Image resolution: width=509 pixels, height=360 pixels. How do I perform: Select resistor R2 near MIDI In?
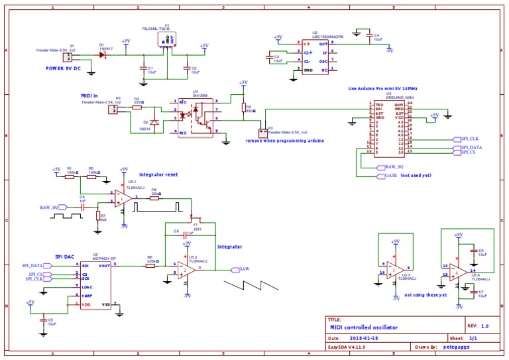(137, 106)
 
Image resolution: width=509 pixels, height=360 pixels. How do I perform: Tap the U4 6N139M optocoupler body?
(196, 117)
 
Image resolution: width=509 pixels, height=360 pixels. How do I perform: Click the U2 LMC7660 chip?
(314, 56)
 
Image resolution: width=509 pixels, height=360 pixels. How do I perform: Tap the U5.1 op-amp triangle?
(120, 198)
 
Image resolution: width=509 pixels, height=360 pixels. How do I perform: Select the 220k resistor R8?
(150, 265)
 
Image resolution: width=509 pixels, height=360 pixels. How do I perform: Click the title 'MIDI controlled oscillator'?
(364, 327)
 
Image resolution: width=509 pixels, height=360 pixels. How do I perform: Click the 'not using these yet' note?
(426, 294)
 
